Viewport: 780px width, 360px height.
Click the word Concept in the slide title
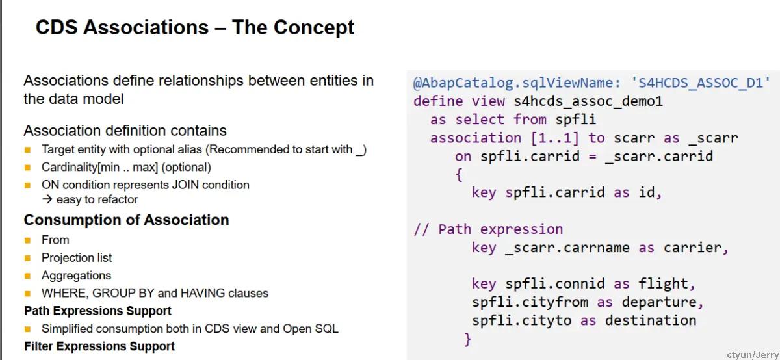pyautogui.click(x=314, y=27)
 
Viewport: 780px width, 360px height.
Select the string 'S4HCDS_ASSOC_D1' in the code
pyautogui.click(x=700, y=83)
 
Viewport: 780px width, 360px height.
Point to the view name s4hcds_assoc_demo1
pyautogui.click(x=588, y=101)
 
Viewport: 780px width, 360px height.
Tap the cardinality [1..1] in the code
pyautogui.click(x=555, y=138)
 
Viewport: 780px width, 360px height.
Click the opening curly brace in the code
pyautogui.click(x=459, y=174)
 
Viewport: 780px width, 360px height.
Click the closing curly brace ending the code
pyautogui.click(x=467, y=339)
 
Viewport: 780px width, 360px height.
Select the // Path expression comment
pyautogui.click(x=488, y=229)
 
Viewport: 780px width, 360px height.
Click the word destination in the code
pyautogui.click(x=651, y=320)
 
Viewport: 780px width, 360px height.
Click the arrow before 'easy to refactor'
pyautogui.click(x=47, y=199)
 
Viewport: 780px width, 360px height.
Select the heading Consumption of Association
pyautogui.click(x=126, y=220)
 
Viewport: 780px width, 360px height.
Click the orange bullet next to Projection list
pyautogui.click(x=28, y=258)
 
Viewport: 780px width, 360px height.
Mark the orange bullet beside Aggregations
pyautogui.click(x=28, y=276)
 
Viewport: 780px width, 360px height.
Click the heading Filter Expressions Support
pyautogui.click(x=99, y=346)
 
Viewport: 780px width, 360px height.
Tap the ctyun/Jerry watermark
pyautogui.click(x=753, y=354)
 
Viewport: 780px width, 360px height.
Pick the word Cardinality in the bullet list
pyautogui.click(x=70, y=168)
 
